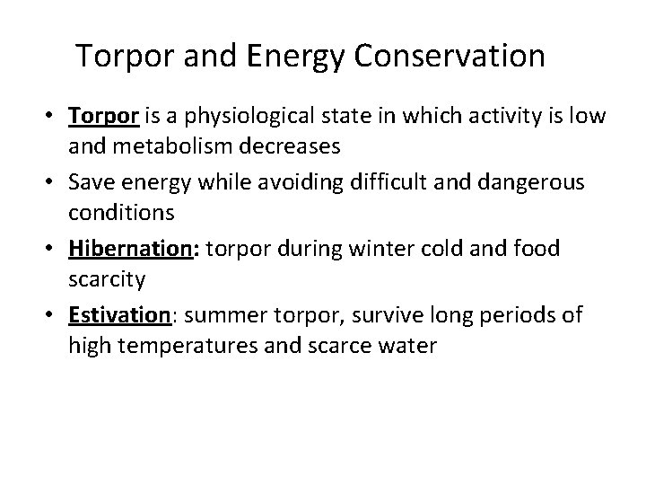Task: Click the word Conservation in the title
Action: (x=450, y=56)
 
